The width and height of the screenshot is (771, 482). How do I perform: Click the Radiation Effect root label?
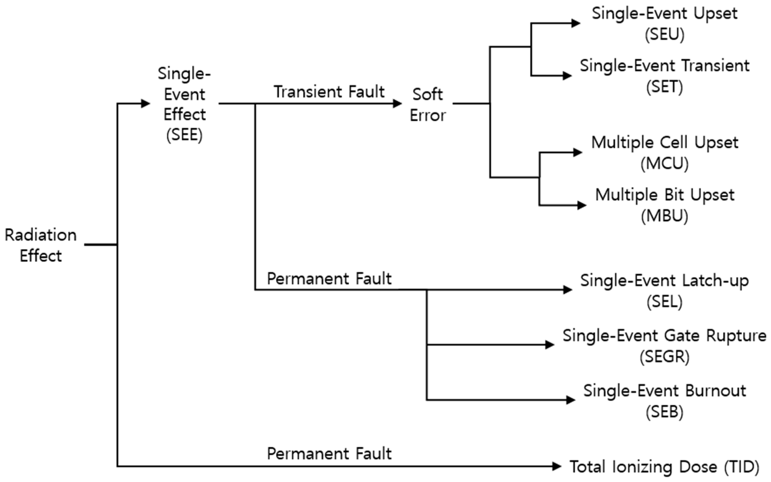(x=41, y=245)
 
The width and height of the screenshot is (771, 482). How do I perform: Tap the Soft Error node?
(x=428, y=105)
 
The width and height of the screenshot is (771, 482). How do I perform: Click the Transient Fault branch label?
(x=329, y=92)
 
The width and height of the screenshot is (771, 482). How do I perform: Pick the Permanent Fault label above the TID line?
(x=329, y=453)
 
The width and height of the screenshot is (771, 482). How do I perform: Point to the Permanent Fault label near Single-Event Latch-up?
(x=329, y=279)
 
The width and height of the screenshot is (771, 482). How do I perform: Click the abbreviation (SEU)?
(x=665, y=34)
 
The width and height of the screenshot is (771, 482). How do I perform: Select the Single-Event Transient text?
(x=665, y=66)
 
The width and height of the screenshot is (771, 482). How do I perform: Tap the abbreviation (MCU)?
(x=665, y=163)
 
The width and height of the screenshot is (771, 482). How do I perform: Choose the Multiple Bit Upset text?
(x=665, y=195)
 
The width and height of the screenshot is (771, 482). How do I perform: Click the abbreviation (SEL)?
(x=665, y=301)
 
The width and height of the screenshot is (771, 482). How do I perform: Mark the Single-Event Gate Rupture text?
(x=665, y=336)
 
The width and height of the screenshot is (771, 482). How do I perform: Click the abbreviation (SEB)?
(x=665, y=412)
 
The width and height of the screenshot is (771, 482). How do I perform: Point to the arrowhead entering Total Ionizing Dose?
(x=557, y=466)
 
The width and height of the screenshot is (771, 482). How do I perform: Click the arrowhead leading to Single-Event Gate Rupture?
(x=550, y=345)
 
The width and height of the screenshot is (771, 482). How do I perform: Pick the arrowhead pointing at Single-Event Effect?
(x=146, y=104)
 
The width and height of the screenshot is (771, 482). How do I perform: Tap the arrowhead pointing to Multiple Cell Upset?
(x=578, y=152)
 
